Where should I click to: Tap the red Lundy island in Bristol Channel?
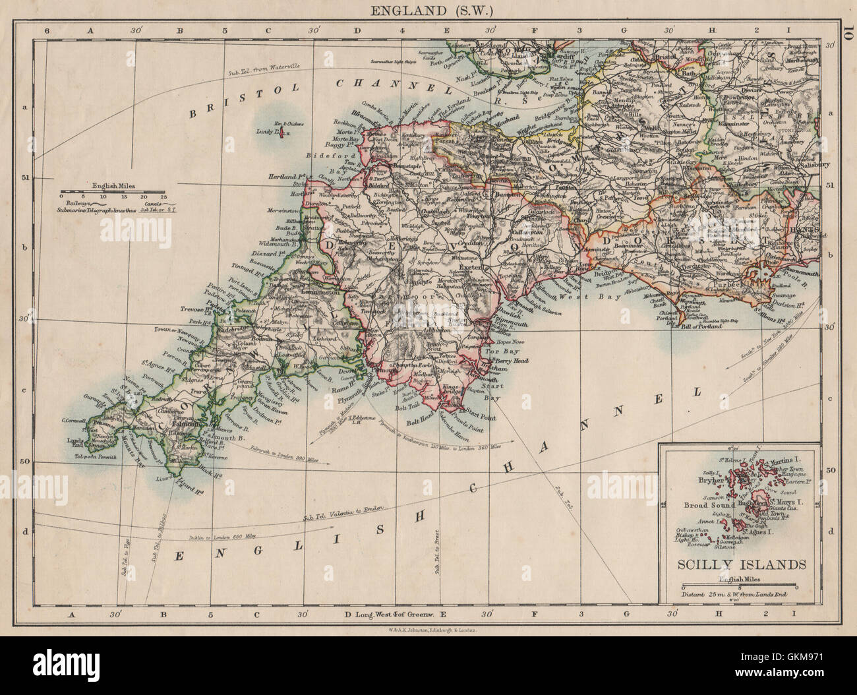tap(280, 135)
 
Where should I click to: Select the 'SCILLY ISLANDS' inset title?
tap(737, 564)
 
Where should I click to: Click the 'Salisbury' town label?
tap(801, 165)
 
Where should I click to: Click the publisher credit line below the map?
tap(428, 630)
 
